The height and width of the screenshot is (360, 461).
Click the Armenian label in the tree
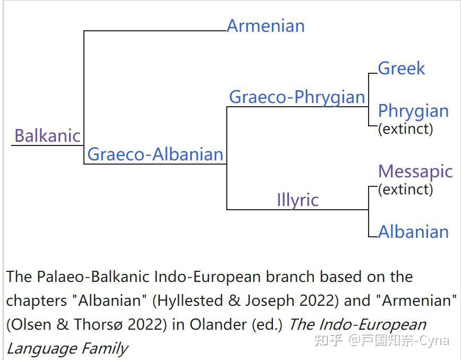[266, 26]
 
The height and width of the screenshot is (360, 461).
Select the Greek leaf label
[402, 68]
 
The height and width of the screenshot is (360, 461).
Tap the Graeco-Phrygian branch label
[297, 98]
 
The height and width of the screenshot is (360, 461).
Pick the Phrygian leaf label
[413, 112]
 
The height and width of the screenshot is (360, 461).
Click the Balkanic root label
[48, 136]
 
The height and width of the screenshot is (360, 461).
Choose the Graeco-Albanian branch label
[155, 155]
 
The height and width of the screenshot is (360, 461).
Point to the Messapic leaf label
[415, 172]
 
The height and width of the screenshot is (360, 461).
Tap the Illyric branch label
[298, 200]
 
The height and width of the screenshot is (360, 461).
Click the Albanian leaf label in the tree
[413, 232]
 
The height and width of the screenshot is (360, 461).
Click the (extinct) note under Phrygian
[405, 128]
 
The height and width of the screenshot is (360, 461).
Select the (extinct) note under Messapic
[405, 189]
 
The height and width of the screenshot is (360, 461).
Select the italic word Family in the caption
[105, 349]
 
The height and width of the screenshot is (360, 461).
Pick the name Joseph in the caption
[270, 301]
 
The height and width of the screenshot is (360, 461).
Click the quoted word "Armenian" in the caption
[416, 301]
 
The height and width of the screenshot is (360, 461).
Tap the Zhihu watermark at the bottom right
[382, 340]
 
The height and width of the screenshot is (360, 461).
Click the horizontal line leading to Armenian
[155, 31]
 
